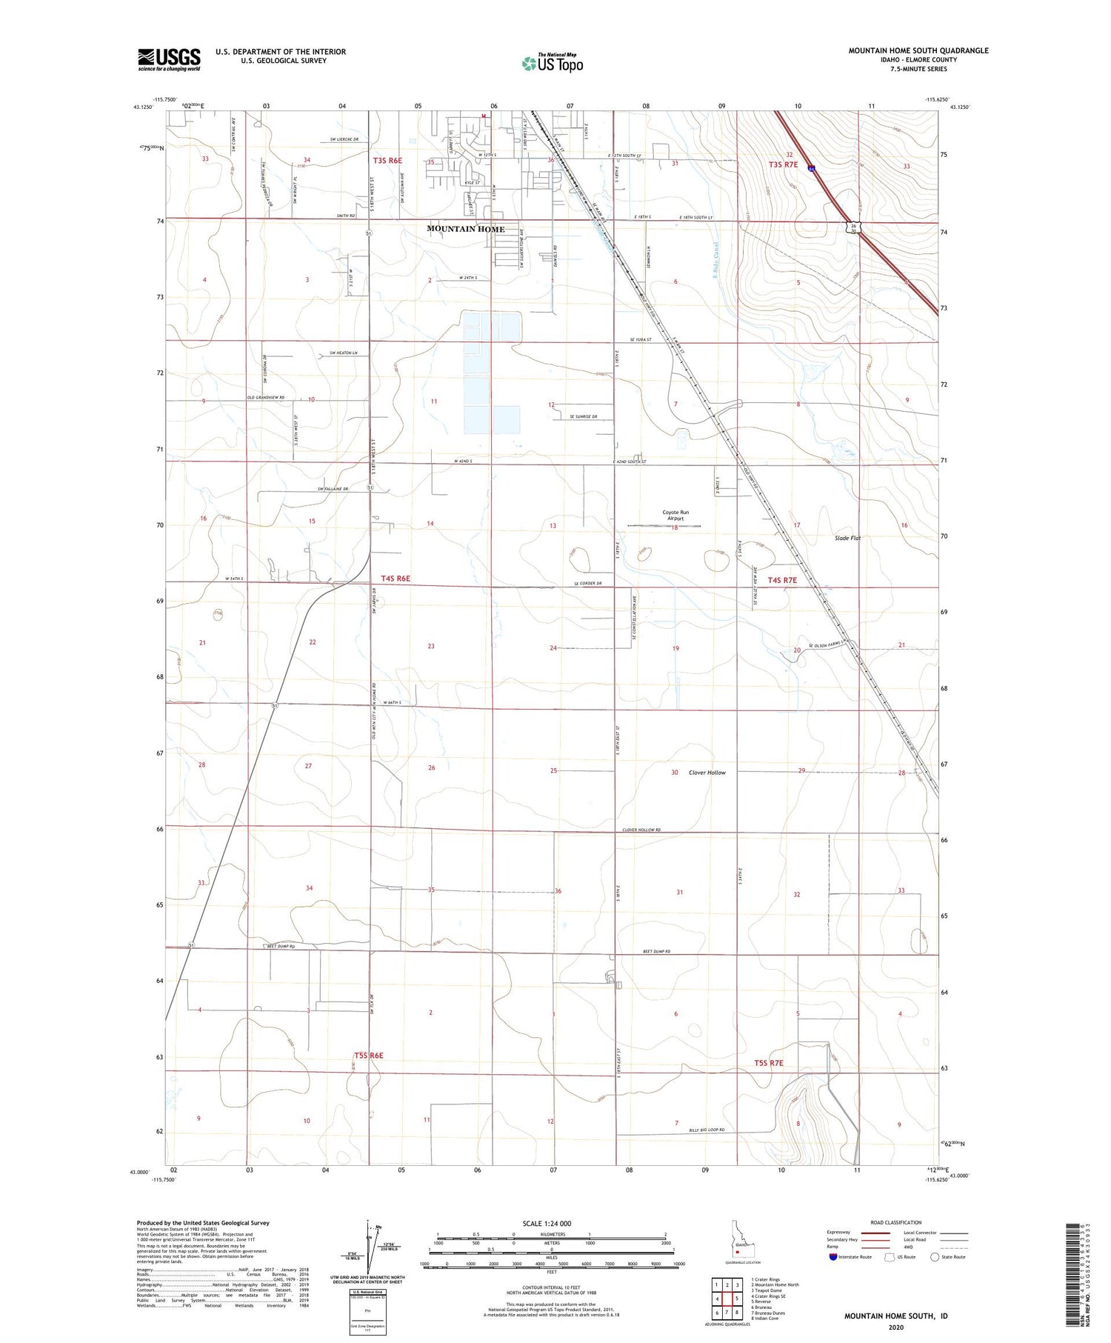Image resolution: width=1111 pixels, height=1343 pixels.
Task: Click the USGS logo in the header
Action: coord(169,59)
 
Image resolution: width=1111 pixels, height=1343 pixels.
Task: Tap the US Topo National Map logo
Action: coord(553,63)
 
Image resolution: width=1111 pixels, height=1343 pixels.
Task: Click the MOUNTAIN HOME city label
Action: coord(465,229)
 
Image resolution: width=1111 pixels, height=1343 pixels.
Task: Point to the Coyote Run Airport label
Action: coord(675,516)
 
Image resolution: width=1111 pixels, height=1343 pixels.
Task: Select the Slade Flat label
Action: coord(847,538)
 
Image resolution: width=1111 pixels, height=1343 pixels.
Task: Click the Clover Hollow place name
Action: coord(707,773)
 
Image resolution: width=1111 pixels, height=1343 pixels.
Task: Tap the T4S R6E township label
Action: coord(396,579)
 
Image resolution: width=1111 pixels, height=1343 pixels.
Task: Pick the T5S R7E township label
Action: coord(768,1063)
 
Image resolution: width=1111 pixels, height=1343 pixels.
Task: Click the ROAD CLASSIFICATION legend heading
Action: coord(896,1222)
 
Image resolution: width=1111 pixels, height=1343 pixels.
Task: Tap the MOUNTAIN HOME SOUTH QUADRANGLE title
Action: coord(918,50)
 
